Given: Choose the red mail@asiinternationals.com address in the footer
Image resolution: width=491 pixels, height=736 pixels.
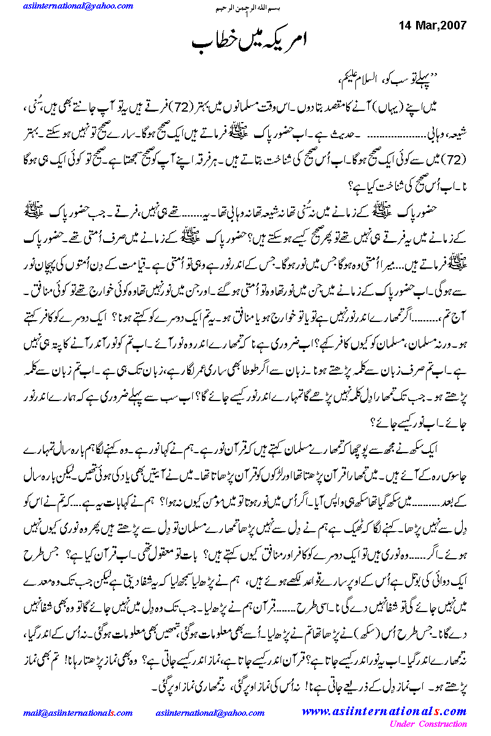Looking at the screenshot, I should click(78, 713).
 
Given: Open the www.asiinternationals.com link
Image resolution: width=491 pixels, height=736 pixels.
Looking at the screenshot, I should click(384, 712).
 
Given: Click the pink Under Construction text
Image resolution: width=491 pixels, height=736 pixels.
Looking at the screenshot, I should click(428, 724).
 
